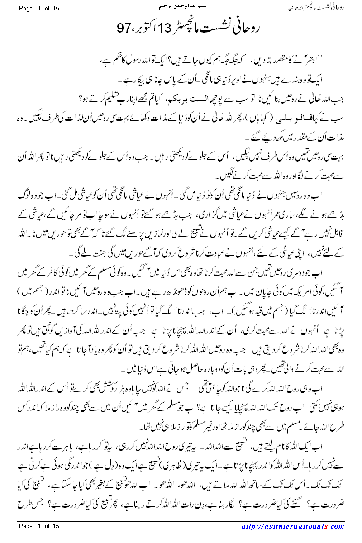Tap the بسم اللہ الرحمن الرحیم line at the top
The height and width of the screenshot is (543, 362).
click(x=181, y=8)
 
